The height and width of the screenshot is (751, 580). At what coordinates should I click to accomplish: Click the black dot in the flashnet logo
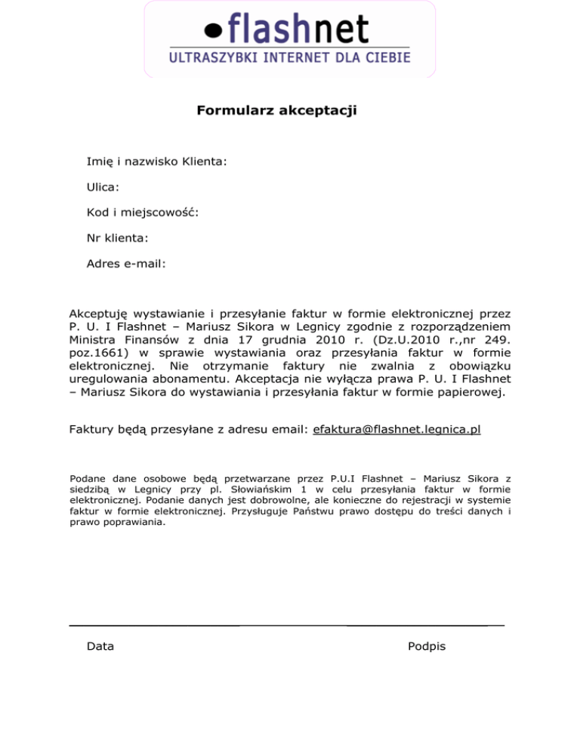215,31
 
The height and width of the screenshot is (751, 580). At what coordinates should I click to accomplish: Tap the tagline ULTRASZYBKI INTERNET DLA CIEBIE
289,57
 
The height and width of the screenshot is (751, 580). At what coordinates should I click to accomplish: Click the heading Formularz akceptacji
276,111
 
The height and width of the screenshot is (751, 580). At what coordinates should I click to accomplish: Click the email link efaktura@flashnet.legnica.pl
396,430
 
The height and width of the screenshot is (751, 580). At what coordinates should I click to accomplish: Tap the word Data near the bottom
101,646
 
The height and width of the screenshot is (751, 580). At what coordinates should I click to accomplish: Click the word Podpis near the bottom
426,646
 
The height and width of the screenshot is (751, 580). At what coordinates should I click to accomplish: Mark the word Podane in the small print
86,478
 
